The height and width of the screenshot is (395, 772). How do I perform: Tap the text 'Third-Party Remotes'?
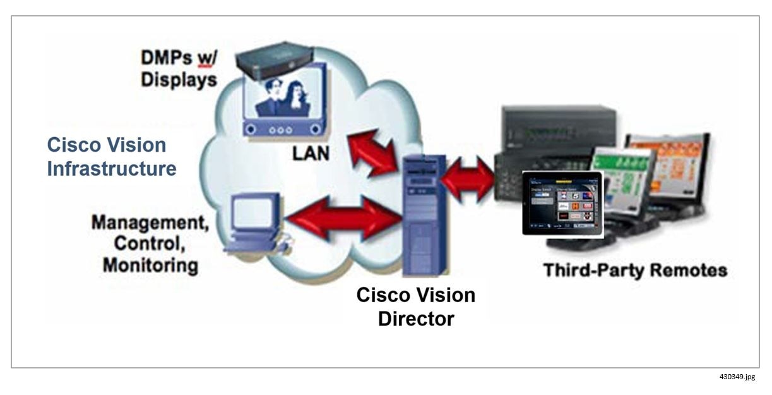pos(635,271)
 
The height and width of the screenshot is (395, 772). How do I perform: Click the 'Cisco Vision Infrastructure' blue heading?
pos(112,157)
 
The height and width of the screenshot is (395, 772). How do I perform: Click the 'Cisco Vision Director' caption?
pos(415,307)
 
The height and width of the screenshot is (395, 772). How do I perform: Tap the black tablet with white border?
pos(562,203)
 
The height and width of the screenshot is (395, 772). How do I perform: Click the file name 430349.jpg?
pos(737,377)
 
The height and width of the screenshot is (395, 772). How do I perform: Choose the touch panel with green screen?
pos(621,183)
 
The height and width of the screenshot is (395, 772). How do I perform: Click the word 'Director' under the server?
pos(415,318)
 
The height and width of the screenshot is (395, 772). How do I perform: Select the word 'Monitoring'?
pos(150,264)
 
